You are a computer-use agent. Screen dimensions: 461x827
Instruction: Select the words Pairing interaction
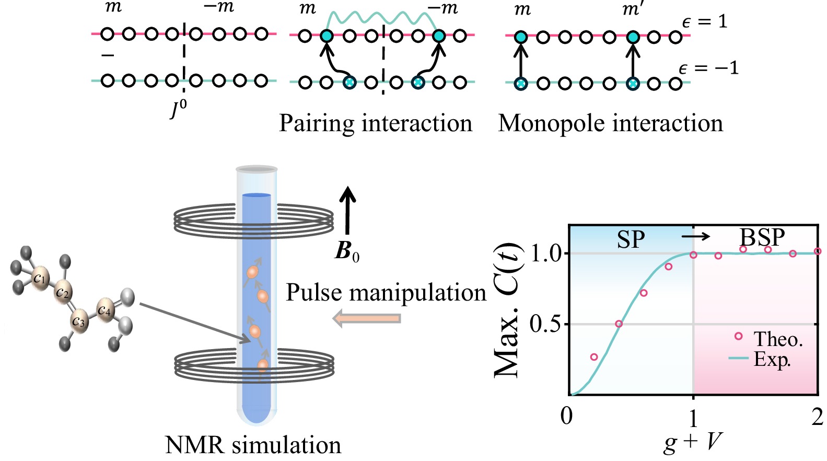(x=375, y=124)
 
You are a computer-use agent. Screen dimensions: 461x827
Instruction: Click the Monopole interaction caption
(x=610, y=124)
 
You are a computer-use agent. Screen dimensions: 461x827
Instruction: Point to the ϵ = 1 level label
(x=705, y=22)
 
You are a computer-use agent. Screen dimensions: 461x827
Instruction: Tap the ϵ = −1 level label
(x=708, y=68)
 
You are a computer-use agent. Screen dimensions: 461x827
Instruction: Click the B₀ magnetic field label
(x=347, y=251)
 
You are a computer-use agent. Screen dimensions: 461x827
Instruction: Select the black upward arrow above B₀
(x=347, y=210)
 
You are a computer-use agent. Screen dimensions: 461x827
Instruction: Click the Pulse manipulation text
(x=386, y=293)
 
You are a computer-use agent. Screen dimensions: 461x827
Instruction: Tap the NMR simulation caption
(x=253, y=445)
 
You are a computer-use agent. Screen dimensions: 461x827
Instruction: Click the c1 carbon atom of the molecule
(x=40, y=277)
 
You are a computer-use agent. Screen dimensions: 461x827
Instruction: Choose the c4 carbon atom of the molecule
(x=104, y=310)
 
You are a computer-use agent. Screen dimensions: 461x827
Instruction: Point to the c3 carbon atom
(x=79, y=321)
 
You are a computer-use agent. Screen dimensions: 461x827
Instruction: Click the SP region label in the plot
(x=631, y=239)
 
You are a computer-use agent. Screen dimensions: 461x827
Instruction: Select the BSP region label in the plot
(x=762, y=238)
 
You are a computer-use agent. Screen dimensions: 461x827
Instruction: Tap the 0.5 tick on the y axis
(x=545, y=324)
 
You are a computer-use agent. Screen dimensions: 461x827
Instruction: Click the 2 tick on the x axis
(x=817, y=417)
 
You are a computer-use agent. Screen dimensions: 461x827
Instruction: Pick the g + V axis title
(x=693, y=442)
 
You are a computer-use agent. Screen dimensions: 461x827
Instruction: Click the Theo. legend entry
(x=777, y=339)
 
